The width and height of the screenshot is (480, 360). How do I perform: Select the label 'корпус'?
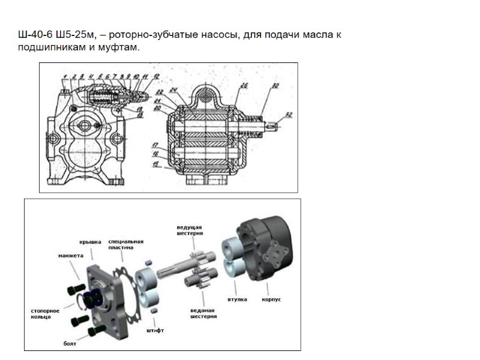(272, 298)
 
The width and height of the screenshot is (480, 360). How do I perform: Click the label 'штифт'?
(155, 330)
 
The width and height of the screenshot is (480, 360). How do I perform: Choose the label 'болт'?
(70, 344)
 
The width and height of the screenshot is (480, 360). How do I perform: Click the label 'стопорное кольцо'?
(44, 313)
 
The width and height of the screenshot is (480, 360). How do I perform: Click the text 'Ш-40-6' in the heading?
(31, 35)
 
